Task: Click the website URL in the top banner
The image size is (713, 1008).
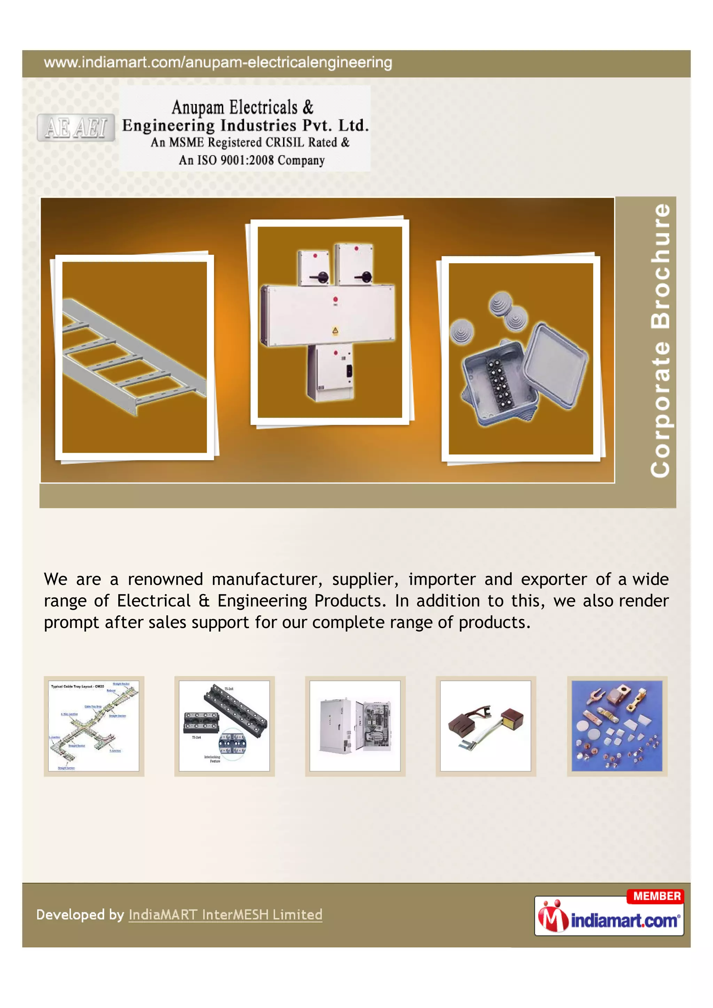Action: click(x=218, y=63)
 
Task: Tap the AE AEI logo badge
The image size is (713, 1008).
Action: click(x=76, y=128)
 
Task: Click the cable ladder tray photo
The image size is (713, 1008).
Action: click(x=134, y=357)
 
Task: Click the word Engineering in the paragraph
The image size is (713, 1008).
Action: click(x=262, y=601)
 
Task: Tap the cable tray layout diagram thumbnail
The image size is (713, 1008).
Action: click(x=94, y=726)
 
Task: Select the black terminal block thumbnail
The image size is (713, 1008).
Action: click(x=224, y=726)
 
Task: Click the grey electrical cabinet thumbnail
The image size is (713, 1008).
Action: click(x=355, y=726)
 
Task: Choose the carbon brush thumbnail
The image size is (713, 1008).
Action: click(x=486, y=726)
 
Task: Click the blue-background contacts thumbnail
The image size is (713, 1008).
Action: click(x=617, y=726)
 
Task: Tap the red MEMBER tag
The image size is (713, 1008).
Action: click(x=656, y=896)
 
